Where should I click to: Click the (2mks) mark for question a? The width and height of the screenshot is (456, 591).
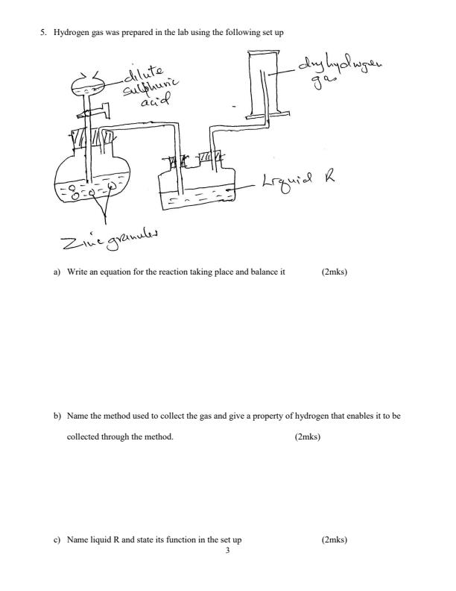coord(334,272)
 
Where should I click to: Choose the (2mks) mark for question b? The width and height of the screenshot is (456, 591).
coord(308,437)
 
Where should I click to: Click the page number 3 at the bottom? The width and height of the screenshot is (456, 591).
coord(227,550)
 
